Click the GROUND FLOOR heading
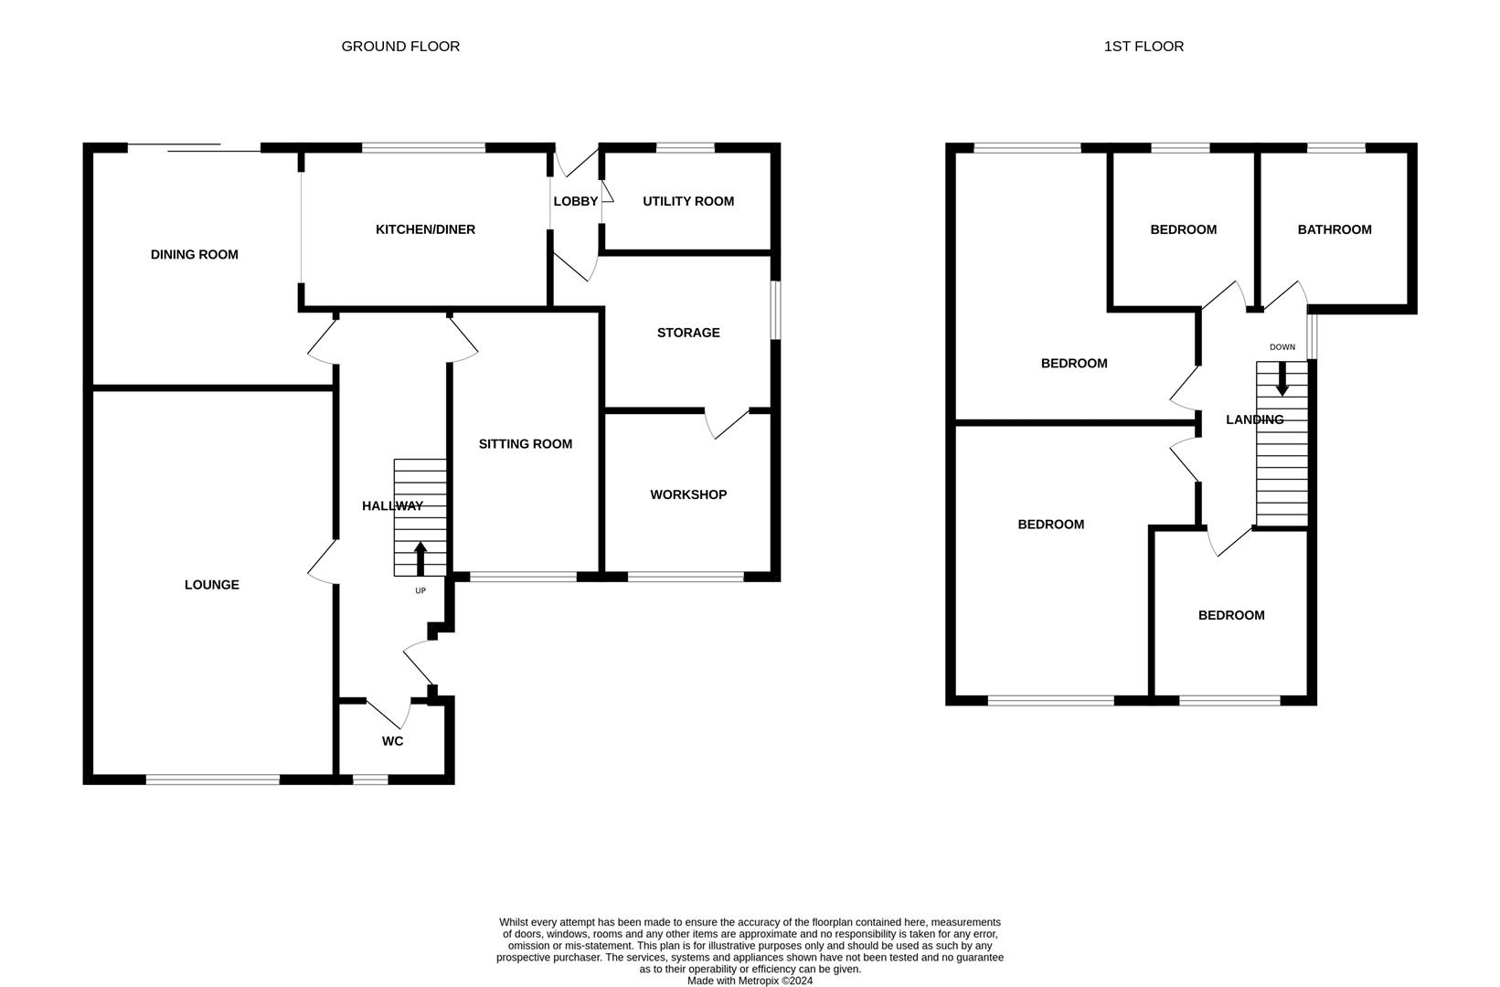(400, 46)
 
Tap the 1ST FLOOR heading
(1144, 46)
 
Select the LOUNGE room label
(211, 585)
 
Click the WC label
(392, 741)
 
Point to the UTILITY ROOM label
(687, 201)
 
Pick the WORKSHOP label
(688, 494)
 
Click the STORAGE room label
(688, 333)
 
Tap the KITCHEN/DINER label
(425, 229)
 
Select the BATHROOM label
(1334, 229)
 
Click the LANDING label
(1254, 419)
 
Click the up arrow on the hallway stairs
(420, 558)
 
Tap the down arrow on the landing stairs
(1282, 379)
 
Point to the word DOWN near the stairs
(1282, 347)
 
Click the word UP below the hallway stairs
(420, 590)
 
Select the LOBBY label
(575, 201)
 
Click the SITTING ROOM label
(525, 444)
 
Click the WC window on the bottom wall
(370, 780)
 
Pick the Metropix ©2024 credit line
(750, 981)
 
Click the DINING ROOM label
(194, 255)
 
